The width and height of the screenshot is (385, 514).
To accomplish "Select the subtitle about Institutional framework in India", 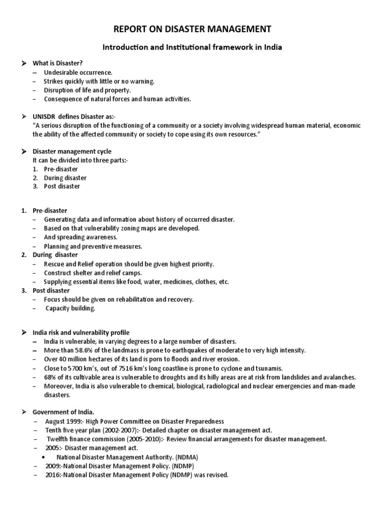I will (192, 48).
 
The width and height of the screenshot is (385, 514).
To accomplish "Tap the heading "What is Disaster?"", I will (57, 64).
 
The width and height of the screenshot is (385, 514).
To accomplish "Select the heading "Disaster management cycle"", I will (72, 151).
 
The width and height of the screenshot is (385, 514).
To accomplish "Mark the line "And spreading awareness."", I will (81, 237).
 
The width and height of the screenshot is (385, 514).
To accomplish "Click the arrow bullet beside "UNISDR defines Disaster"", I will (23, 116).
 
